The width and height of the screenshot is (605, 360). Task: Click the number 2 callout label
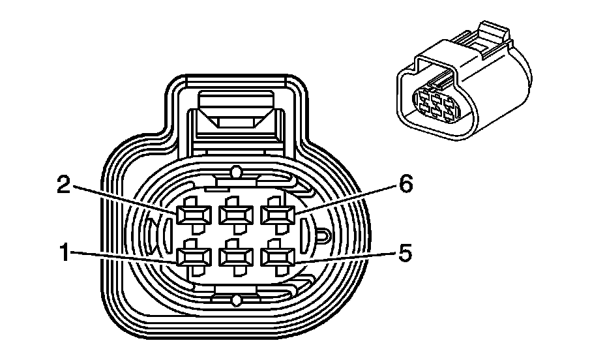click(64, 185)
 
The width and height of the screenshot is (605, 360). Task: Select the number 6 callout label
click(406, 185)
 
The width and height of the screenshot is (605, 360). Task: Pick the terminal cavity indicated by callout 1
click(193, 256)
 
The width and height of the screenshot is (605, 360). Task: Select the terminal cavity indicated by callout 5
click(276, 256)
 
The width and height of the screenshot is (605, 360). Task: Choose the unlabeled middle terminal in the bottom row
click(235, 256)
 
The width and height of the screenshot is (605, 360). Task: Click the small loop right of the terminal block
click(322, 235)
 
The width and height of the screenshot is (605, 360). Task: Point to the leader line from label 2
click(124, 198)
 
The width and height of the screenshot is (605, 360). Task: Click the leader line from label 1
click(124, 256)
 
